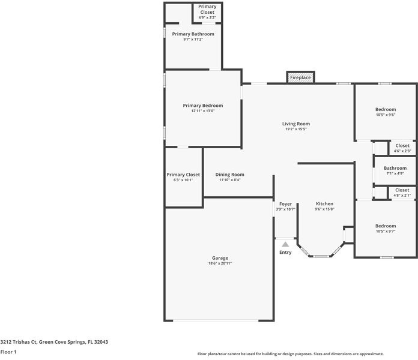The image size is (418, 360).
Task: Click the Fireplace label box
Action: point(300,77)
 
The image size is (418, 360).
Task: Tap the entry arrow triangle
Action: point(285,244)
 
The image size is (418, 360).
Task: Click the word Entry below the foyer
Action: point(285,252)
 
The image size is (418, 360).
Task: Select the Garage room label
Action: point(219,258)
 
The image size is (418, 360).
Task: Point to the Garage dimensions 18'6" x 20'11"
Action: point(219,263)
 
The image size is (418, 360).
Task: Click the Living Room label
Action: point(295,124)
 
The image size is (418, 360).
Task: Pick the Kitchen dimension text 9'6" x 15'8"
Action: point(324,209)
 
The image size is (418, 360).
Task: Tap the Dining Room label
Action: point(229,175)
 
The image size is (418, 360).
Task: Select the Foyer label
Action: point(285,204)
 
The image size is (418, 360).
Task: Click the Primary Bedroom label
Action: point(202,106)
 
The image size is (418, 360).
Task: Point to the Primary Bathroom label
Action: point(193,34)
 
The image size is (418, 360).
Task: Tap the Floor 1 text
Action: point(8,352)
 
